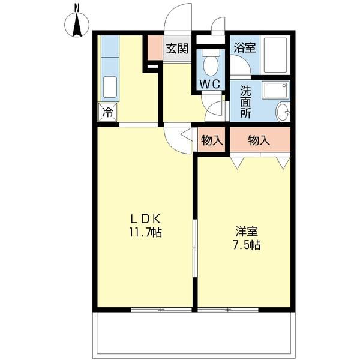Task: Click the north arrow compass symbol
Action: [x=77, y=25]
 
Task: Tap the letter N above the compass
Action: [x=77, y=7]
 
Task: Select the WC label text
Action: [x=210, y=83]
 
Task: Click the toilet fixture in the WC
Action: [x=211, y=62]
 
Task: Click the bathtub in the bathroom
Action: [x=275, y=56]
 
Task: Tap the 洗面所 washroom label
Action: [x=246, y=102]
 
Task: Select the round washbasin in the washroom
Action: [x=282, y=112]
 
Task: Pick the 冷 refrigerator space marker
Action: [x=107, y=111]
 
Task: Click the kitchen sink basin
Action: [x=109, y=88]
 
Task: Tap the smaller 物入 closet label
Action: [x=212, y=140]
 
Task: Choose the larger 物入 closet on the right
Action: [x=259, y=140]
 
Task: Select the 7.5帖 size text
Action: [x=247, y=245]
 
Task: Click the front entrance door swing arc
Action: [x=178, y=18]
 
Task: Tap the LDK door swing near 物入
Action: [x=178, y=138]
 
